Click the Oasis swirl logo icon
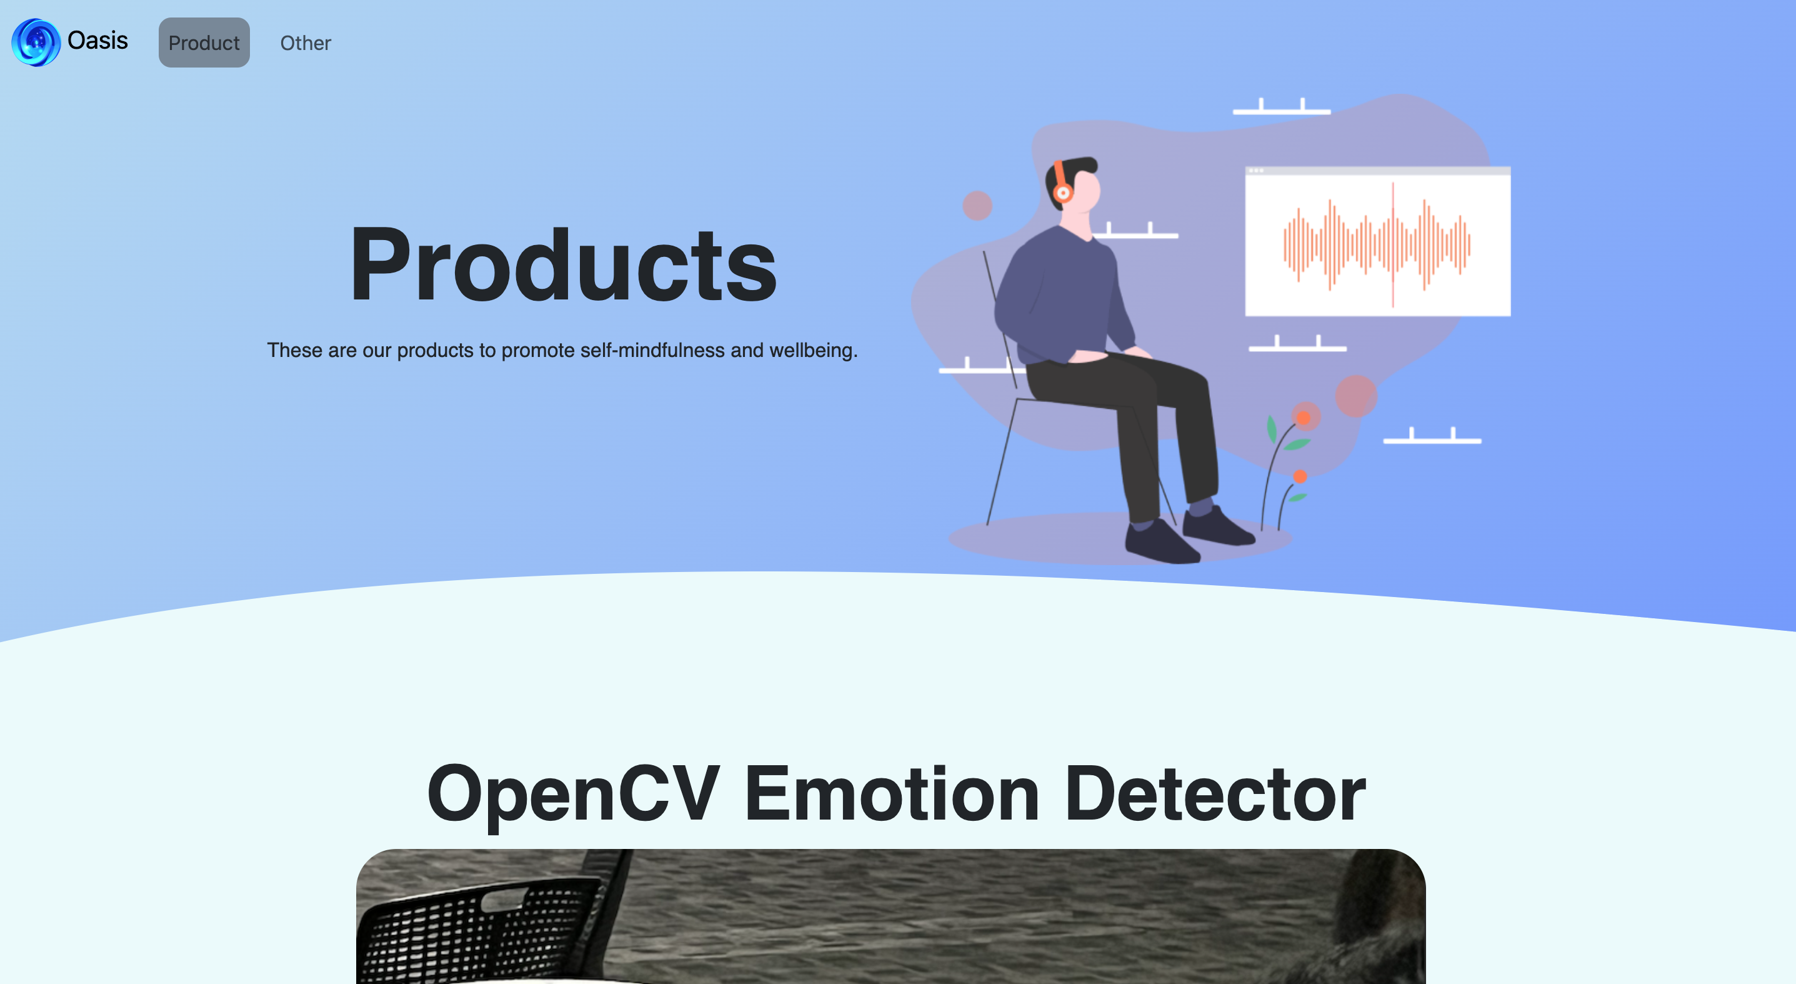[x=36, y=43]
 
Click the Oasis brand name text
[x=97, y=41]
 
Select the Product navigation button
[x=204, y=43]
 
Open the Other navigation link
[x=306, y=43]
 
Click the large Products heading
[x=562, y=265]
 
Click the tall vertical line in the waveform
[x=1393, y=244]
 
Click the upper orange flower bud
[x=1303, y=418]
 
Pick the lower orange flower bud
[x=1300, y=477]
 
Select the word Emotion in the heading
[x=892, y=793]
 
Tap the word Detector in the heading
[x=1215, y=793]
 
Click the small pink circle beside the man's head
[x=977, y=206]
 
